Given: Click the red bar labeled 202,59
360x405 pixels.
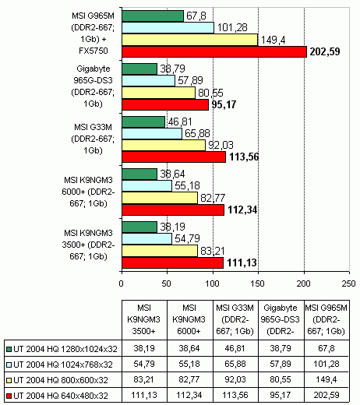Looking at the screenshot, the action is tap(214, 51).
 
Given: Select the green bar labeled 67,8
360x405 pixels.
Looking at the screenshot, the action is tap(153, 16).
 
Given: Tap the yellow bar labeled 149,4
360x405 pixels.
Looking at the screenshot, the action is tap(190, 40).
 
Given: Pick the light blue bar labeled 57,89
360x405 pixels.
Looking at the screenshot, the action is tap(149, 80).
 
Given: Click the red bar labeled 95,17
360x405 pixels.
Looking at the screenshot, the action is tap(165, 104).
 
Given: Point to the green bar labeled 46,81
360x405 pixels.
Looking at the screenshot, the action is tap(143, 121).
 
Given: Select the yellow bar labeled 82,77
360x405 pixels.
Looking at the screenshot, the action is tap(160, 198).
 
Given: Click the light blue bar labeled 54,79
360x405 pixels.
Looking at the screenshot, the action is tap(147, 238).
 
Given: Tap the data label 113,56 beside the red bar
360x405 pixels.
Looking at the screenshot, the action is tap(244, 157).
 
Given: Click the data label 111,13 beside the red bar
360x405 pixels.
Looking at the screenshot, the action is tap(242, 262).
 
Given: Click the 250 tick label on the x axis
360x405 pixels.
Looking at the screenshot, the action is tap(348, 283).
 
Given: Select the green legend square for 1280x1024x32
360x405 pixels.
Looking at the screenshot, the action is tap(9, 349).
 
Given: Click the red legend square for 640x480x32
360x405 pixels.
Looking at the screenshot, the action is tap(9, 396).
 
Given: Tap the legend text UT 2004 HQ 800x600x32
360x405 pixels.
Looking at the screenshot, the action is tap(61, 380).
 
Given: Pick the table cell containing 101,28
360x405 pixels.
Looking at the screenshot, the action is tap(326, 364).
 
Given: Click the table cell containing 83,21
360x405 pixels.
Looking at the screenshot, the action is tap(144, 379).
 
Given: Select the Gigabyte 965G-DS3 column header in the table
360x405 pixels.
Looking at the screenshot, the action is tap(281, 319).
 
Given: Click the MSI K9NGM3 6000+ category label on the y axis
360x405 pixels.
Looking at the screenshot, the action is tap(88, 192).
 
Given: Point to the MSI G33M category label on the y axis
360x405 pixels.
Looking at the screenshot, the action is tap(93, 139).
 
